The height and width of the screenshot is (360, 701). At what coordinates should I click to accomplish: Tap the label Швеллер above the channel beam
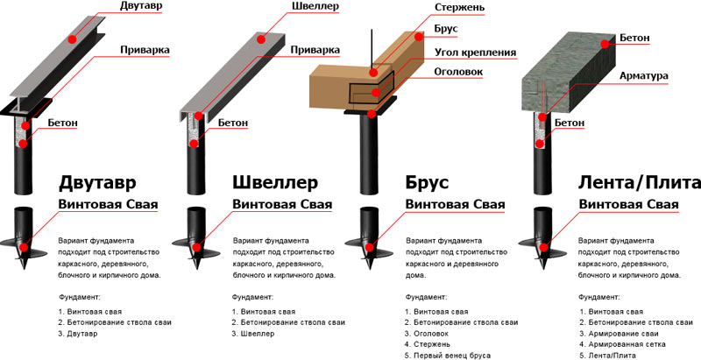pos(315,6)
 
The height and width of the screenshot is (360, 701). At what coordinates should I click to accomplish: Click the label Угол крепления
pos(475,53)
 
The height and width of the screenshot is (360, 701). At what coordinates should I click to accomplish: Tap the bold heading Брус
pos(427,183)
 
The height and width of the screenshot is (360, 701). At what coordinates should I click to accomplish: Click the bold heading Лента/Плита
pos(640,183)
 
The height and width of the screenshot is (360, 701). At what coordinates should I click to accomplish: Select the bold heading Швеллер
pos(275,183)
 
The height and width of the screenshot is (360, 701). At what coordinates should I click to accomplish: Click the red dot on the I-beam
pos(71,39)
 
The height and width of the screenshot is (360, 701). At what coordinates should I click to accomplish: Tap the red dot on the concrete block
pos(605,44)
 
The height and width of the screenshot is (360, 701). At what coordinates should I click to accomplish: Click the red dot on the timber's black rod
pos(374,73)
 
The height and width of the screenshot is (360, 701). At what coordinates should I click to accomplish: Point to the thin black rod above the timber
pos(371,50)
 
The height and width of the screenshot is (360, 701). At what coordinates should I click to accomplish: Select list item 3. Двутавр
pos(77,333)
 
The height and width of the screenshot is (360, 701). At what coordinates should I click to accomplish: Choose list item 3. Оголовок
pos(427,333)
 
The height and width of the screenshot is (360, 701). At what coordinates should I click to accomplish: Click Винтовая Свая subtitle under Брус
pos(455,205)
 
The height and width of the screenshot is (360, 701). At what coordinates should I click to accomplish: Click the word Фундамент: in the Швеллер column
pos(252,297)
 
